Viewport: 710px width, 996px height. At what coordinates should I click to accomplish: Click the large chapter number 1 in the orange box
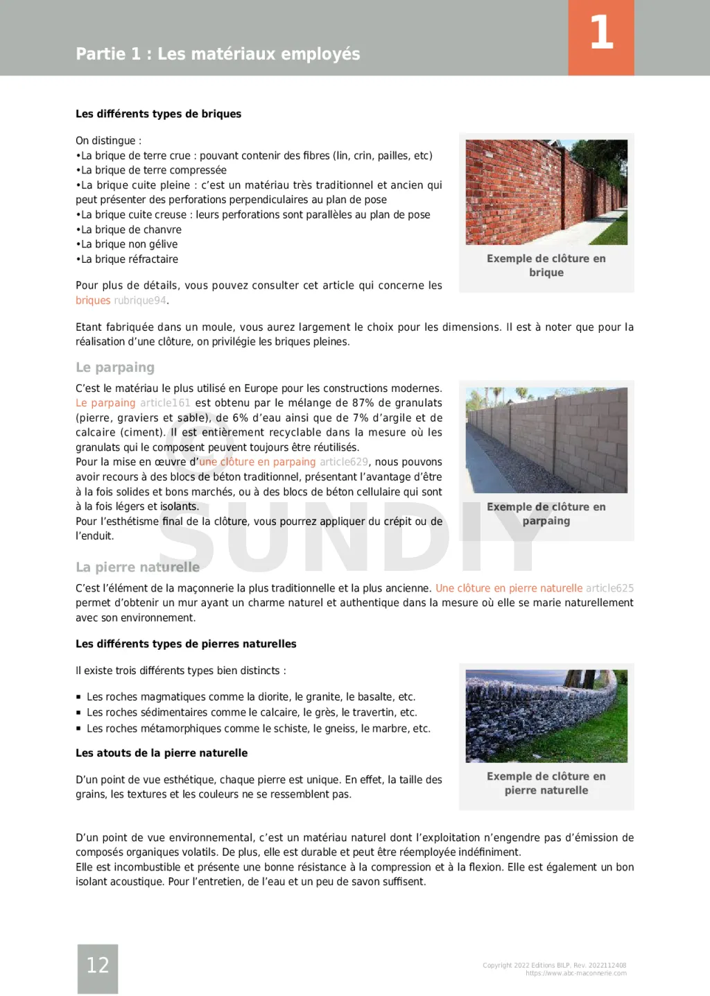pyautogui.click(x=601, y=33)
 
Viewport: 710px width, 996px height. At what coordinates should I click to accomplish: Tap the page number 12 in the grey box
pyautogui.click(x=98, y=965)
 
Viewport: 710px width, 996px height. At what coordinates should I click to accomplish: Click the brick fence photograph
pyautogui.click(x=546, y=192)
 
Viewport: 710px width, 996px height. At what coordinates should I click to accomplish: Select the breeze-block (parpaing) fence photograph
pyautogui.click(x=546, y=440)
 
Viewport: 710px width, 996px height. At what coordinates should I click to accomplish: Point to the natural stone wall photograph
pyautogui.click(x=546, y=716)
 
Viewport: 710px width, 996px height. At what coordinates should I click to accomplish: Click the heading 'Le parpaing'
pyautogui.click(x=115, y=368)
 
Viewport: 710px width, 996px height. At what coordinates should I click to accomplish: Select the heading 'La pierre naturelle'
pyautogui.click(x=137, y=567)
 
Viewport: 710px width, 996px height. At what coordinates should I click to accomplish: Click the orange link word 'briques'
pyautogui.click(x=93, y=300)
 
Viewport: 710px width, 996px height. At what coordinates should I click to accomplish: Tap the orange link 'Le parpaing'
pyautogui.click(x=105, y=403)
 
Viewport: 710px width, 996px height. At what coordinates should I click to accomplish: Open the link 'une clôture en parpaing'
pyautogui.click(x=257, y=462)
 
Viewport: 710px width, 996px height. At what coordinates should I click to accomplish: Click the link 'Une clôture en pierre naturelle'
pyautogui.click(x=509, y=588)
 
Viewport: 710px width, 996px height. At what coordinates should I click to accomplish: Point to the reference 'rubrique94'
pyautogui.click(x=140, y=300)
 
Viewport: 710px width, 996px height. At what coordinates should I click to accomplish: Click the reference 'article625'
pyautogui.click(x=609, y=588)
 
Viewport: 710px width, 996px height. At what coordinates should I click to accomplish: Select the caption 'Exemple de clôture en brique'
pyautogui.click(x=546, y=266)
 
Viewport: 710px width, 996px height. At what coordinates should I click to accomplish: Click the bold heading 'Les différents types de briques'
pyautogui.click(x=158, y=114)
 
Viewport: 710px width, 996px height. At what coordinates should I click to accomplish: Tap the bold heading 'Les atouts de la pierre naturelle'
pyautogui.click(x=162, y=753)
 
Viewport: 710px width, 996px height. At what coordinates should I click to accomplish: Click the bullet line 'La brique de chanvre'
pyautogui.click(x=131, y=230)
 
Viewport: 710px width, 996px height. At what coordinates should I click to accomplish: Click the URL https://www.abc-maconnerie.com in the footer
pyautogui.click(x=575, y=973)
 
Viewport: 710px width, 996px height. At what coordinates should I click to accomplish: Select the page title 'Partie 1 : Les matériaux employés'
pyautogui.click(x=218, y=54)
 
